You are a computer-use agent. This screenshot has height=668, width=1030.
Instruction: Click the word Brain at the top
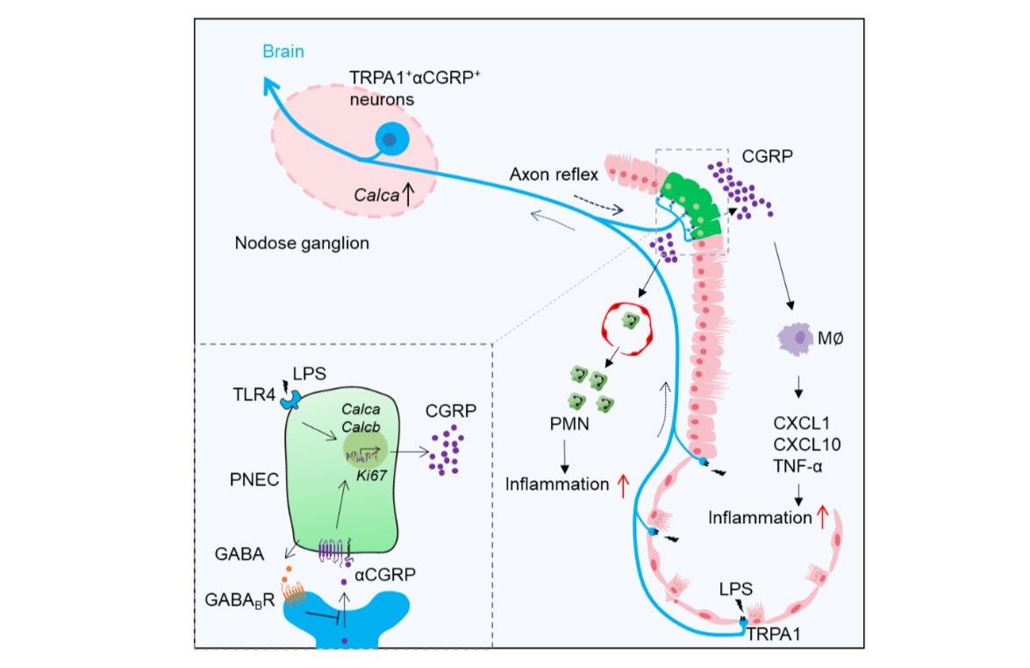[285, 52]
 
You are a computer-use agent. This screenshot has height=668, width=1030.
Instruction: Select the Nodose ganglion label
[302, 243]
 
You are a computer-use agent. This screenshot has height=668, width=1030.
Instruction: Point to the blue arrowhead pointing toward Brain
[272, 85]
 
